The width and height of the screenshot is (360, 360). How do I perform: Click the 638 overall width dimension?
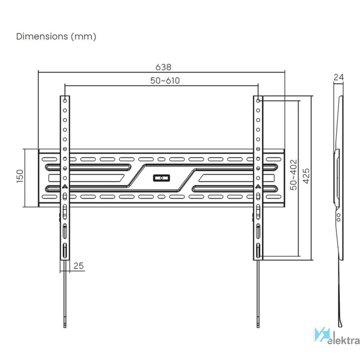pos(163,67)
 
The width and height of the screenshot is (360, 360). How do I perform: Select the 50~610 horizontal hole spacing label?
pos(165,81)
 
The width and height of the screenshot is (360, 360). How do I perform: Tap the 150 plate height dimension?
pos(20,176)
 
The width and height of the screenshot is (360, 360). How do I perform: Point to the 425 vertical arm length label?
pos(306,176)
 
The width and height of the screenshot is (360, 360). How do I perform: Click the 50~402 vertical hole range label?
pos(293,175)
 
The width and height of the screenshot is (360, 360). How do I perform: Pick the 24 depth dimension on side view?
pos(339,77)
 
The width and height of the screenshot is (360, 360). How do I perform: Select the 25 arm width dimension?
pos(78,265)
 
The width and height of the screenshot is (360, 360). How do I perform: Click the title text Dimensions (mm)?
pos(56,36)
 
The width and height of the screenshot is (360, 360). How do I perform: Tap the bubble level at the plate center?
pos(162,178)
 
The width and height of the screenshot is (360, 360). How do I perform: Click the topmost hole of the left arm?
pos(65,100)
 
